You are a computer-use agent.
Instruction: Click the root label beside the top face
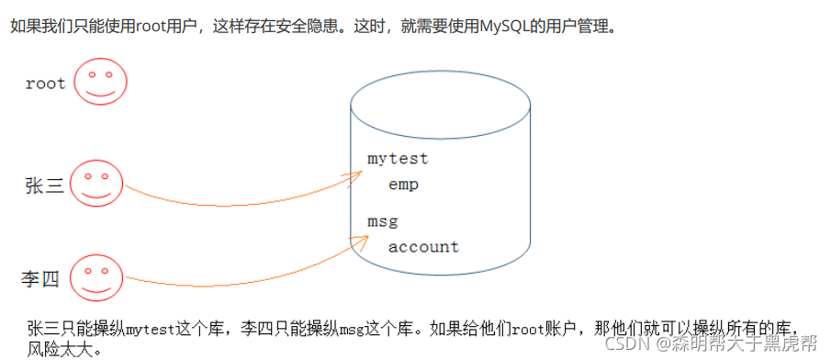[x=46, y=84]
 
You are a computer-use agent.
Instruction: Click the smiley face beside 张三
[x=96, y=183]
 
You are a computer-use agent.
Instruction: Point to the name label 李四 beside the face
[x=40, y=278]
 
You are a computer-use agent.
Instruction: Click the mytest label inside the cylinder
[x=398, y=159]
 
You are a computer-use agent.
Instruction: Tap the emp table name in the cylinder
[x=403, y=185]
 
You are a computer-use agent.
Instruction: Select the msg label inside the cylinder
[x=383, y=221]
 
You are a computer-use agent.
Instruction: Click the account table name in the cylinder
[x=423, y=246]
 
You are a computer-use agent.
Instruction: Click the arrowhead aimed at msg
[x=359, y=242]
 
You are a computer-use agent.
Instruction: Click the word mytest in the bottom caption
[x=151, y=330]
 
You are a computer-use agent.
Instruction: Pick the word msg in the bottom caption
[x=349, y=330]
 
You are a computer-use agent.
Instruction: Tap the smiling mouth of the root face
[x=101, y=92]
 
